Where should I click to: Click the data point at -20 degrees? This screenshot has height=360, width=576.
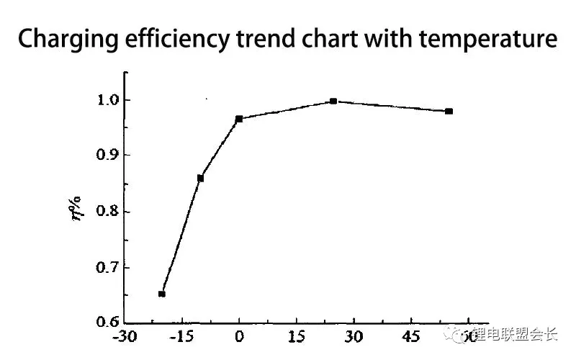162,293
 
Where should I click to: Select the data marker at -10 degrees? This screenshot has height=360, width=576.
200,178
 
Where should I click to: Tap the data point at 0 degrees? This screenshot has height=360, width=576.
239,119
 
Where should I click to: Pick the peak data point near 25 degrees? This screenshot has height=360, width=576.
333,102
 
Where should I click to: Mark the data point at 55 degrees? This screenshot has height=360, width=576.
449,111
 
